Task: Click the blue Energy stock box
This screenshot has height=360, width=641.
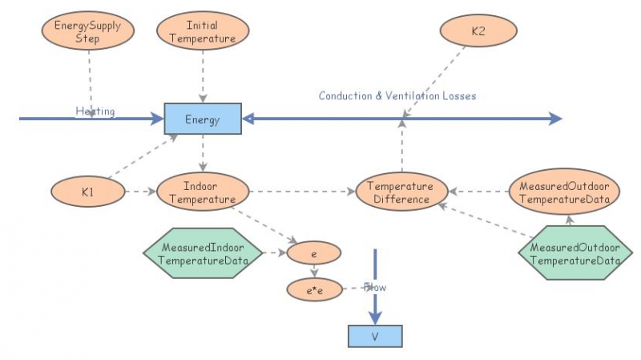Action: click(x=202, y=119)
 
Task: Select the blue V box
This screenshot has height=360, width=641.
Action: click(x=374, y=336)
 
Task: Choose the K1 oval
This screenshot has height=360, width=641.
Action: click(x=87, y=192)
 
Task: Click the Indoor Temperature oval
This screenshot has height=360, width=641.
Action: click(x=203, y=192)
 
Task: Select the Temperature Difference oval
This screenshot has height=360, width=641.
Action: click(x=401, y=192)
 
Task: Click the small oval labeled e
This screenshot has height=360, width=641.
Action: click(x=314, y=253)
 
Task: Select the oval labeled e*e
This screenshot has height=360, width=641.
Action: click(x=314, y=288)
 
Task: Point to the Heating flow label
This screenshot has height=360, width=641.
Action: click(x=95, y=111)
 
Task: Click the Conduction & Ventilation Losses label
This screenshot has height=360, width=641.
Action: click(x=397, y=95)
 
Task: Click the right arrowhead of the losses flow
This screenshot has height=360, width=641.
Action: click(x=555, y=119)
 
